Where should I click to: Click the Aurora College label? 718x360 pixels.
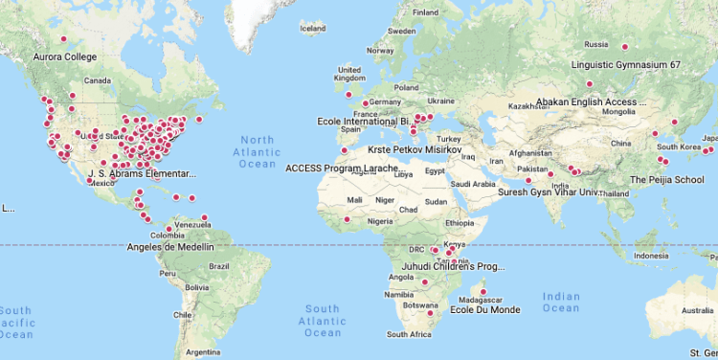[65, 56]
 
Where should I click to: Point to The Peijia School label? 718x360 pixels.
[667, 179]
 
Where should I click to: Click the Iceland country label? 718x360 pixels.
[313, 28]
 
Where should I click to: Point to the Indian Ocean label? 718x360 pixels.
[561, 302]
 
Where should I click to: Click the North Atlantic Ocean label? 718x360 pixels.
[257, 152]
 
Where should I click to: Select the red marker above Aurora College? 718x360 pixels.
[64, 38]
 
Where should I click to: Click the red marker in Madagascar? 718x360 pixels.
[483, 291]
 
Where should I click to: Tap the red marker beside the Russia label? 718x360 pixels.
[625, 46]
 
